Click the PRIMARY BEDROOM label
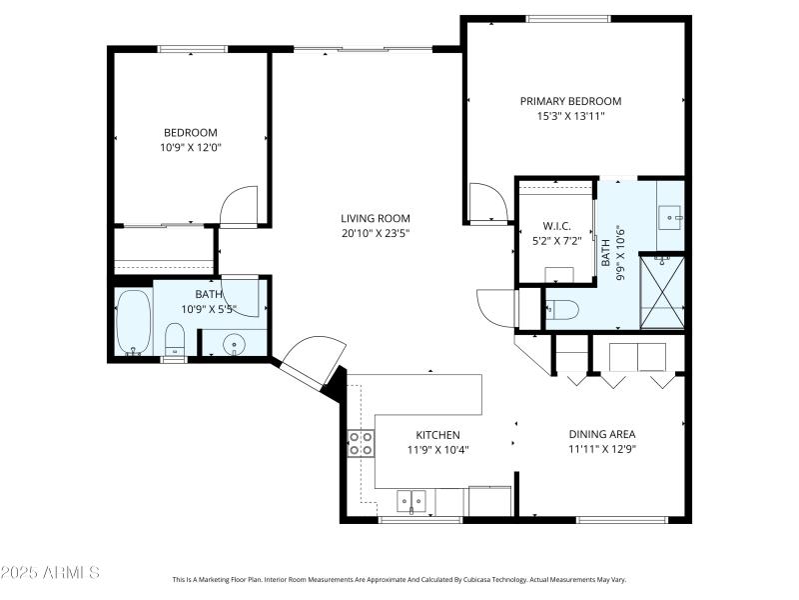(570, 101)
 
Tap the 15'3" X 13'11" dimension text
(570, 116)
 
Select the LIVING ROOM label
(375, 218)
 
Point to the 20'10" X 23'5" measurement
(375, 233)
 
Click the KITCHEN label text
(437, 435)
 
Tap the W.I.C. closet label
(555, 225)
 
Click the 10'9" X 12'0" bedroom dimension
(190, 148)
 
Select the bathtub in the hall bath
(133, 322)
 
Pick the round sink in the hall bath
(235, 343)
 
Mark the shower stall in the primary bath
(661, 290)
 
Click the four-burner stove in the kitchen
(361, 443)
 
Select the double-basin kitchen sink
(410, 498)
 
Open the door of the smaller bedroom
(240, 206)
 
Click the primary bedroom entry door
(485, 201)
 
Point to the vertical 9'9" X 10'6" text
(620, 253)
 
